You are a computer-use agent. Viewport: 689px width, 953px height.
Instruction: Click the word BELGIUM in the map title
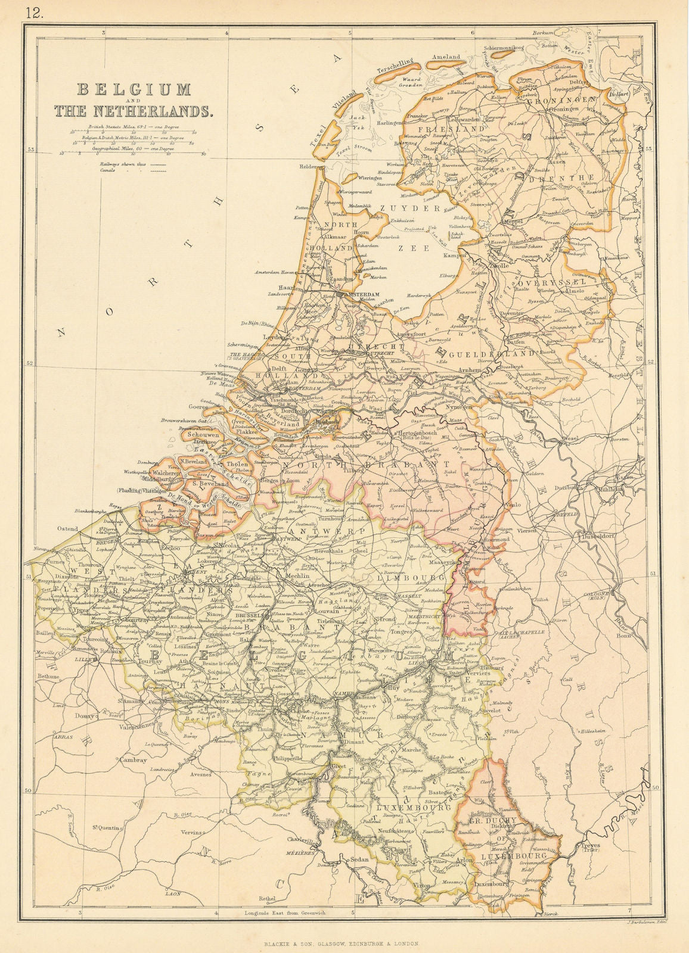pos(134,90)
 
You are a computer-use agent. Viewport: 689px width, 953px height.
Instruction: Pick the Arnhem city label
pos(470,370)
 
